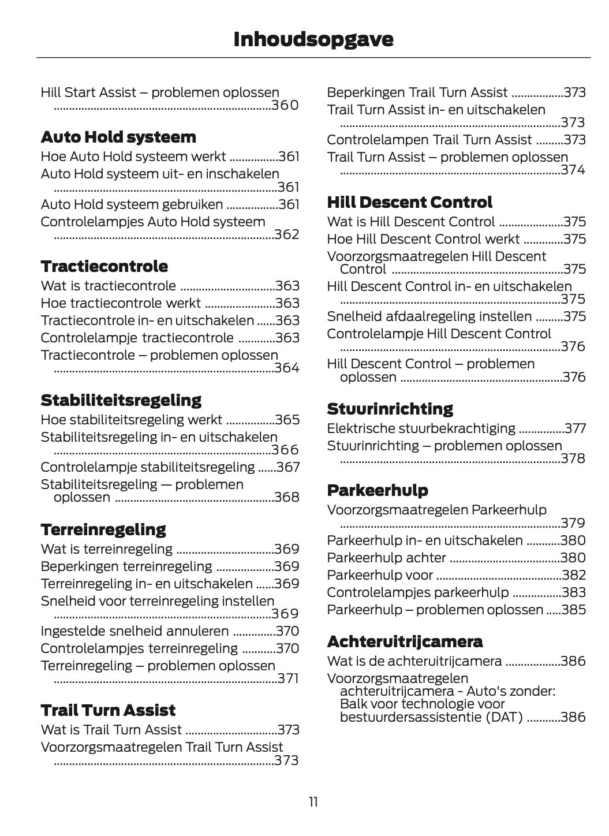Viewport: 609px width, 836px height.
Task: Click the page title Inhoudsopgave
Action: click(313, 39)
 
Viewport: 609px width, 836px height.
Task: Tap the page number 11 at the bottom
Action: click(313, 802)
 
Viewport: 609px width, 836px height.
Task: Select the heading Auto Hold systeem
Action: click(118, 137)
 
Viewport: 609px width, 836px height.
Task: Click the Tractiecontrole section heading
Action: click(104, 267)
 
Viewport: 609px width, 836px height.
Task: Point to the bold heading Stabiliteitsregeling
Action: click(121, 400)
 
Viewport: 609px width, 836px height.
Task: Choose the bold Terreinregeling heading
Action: click(103, 529)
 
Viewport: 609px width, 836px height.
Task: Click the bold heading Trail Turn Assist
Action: click(108, 710)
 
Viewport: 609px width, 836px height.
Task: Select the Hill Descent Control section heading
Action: click(409, 203)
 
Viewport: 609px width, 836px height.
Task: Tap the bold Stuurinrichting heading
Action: click(390, 409)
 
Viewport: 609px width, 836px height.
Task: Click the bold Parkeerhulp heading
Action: click(378, 491)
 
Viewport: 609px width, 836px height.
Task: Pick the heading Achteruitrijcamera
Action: click(405, 641)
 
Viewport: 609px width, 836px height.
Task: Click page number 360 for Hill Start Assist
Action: click(285, 106)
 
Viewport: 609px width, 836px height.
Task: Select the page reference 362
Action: click(286, 235)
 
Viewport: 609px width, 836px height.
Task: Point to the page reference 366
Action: click(285, 450)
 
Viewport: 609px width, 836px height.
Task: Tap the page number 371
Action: click(288, 679)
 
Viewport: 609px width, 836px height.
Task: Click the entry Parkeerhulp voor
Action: click(380, 575)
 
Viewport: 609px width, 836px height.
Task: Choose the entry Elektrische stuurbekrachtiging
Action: click(421, 428)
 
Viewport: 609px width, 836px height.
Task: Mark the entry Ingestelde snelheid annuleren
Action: click(134, 631)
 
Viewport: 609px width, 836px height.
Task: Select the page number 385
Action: click(574, 610)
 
